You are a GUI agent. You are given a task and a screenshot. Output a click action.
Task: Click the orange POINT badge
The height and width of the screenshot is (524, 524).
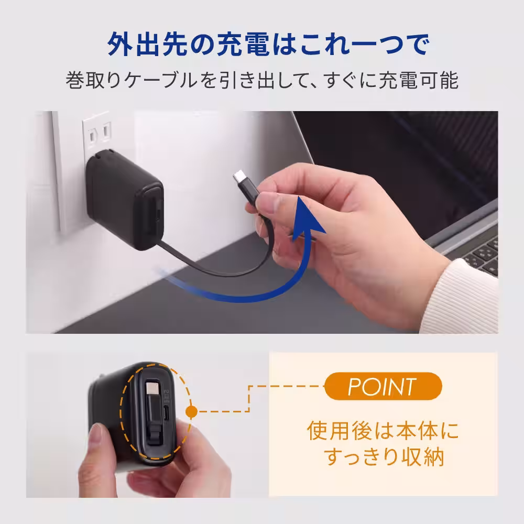pyautogui.click(x=383, y=387)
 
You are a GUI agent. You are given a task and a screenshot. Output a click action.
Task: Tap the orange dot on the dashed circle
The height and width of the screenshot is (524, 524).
pyautogui.click(x=191, y=411)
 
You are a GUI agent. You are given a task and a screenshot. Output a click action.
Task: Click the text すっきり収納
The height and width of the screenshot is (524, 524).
pyautogui.click(x=384, y=456)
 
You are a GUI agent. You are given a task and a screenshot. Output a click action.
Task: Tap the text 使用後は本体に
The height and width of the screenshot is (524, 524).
pyautogui.click(x=383, y=431)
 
